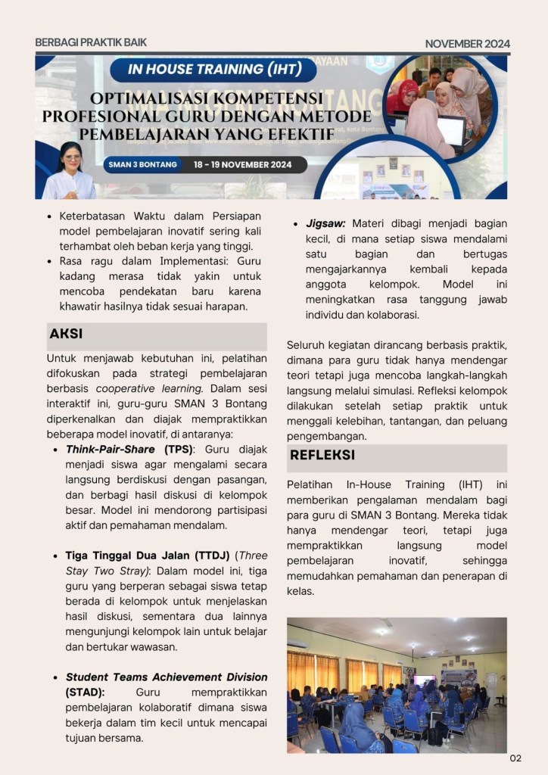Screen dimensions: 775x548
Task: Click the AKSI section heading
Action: (x=67, y=334)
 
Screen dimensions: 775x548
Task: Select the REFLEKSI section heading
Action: (x=322, y=456)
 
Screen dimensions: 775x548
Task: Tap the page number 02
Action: (x=515, y=758)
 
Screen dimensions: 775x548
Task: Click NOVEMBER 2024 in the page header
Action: (x=467, y=44)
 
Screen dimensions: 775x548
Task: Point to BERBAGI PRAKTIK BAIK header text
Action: (x=91, y=43)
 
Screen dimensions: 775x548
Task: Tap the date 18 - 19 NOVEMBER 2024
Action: (x=248, y=164)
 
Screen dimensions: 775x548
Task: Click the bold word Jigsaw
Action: (x=325, y=224)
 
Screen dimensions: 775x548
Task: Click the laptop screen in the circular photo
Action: (x=451, y=130)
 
